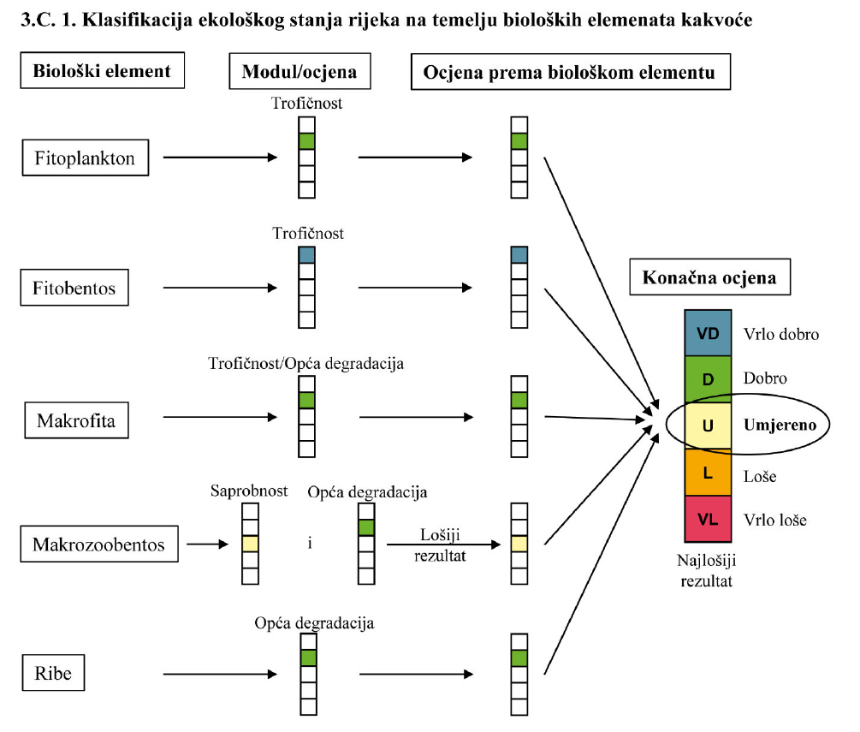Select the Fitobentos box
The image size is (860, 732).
[x=74, y=288]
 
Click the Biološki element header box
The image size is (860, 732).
[x=102, y=72]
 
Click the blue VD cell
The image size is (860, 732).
[x=708, y=334]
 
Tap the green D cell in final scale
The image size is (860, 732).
[x=708, y=378]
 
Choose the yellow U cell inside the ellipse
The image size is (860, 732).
[x=708, y=425]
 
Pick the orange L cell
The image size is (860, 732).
[x=708, y=473]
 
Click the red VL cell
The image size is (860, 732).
[x=708, y=519]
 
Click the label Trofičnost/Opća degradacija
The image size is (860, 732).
[x=306, y=364]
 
